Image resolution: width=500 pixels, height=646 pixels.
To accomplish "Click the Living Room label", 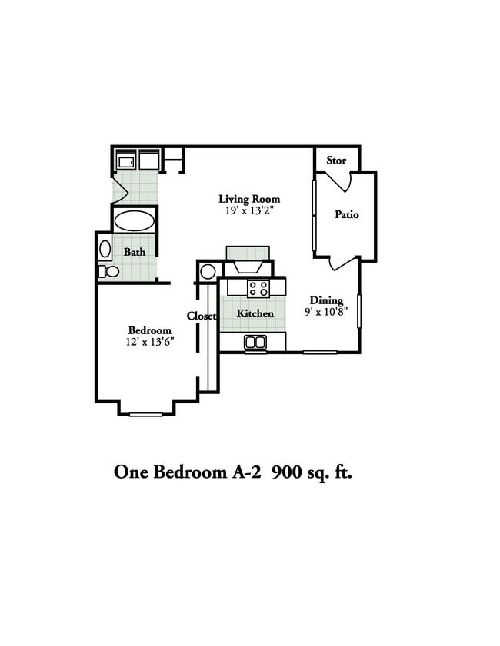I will (x=249, y=200).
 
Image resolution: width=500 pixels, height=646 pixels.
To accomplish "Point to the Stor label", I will (x=336, y=161).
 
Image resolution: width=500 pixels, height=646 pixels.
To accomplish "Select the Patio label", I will (x=346, y=215).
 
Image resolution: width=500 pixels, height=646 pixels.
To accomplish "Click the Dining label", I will (x=326, y=300).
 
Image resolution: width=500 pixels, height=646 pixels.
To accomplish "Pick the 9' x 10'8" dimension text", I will (x=326, y=312).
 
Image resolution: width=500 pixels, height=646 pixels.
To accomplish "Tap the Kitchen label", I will (x=255, y=313).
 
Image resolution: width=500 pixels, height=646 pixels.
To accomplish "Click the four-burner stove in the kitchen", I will (x=258, y=289).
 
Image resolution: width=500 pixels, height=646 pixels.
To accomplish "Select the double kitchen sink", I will (x=255, y=343).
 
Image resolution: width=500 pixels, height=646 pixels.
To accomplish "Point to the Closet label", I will (x=201, y=316).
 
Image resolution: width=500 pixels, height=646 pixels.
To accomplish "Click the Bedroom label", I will (x=149, y=330).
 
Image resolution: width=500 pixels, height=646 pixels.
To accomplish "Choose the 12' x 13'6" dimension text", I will (x=151, y=342).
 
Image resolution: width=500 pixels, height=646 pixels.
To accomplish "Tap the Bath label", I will (x=135, y=252).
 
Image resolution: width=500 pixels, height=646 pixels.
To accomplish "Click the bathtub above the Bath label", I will (x=135, y=222).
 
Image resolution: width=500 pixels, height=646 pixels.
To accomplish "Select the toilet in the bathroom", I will (x=109, y=271).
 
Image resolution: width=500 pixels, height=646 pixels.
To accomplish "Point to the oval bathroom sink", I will (x=105, y=249).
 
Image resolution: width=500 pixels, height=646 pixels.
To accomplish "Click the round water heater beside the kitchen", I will (x=208, y=271).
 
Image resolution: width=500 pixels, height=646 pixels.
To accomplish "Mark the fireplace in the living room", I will (x=247, y=261).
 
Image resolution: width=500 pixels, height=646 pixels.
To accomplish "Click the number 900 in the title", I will (x=290, y=472).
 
